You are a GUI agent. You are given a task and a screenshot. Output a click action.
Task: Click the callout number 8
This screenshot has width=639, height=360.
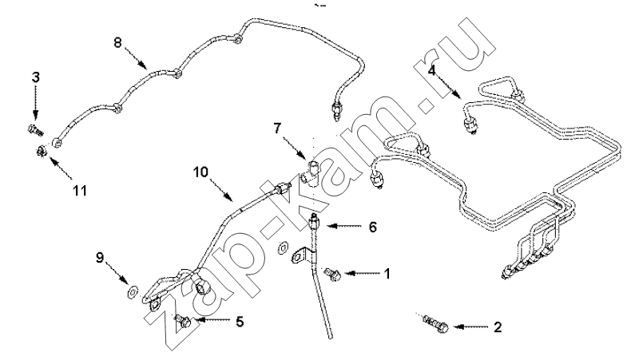point(117,42)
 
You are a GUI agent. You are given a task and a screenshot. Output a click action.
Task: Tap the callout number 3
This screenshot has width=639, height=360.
point(36,77)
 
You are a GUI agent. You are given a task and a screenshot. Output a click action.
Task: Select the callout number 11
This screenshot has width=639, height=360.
point(80,190)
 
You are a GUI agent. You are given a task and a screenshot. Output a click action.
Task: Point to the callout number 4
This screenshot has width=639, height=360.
point(432,70)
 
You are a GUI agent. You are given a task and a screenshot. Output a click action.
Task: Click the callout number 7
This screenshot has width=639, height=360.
point(277,129)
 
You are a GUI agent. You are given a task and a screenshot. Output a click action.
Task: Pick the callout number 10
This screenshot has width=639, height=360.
point(200,172)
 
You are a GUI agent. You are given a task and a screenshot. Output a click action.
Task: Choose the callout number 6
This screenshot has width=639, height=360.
point(373,227)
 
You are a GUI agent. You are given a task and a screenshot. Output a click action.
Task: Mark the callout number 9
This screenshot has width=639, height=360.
point(101,257)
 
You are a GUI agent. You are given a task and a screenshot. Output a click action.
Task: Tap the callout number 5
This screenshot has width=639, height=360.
point(240,322)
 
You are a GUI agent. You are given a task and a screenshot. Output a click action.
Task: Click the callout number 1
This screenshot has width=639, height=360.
point(387,274)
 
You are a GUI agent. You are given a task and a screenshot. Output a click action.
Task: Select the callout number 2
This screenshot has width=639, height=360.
point(498,326)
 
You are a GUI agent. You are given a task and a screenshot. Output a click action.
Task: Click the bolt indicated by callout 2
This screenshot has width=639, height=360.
point(435,322)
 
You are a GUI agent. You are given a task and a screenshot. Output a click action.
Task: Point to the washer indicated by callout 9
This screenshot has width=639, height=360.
point(132,291)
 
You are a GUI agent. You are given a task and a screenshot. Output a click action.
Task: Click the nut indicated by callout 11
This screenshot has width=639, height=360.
point(41,152)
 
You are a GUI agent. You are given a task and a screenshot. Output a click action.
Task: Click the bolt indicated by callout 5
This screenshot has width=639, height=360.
point(183,321)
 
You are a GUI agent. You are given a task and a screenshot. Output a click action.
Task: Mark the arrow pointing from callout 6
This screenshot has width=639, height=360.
point(344,226)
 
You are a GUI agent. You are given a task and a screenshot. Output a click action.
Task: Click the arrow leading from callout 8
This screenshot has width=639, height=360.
point(136,57)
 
